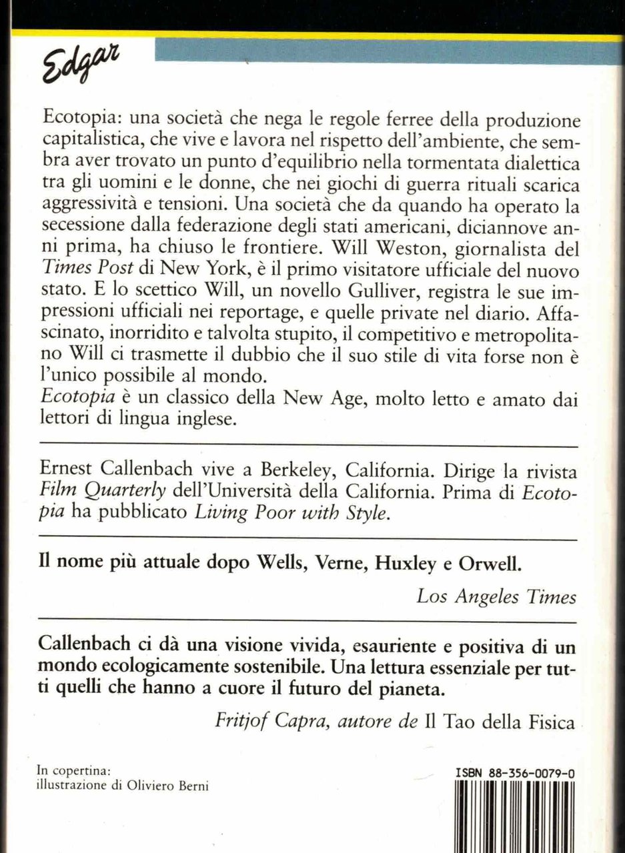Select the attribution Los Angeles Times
496,596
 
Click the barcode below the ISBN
514,816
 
